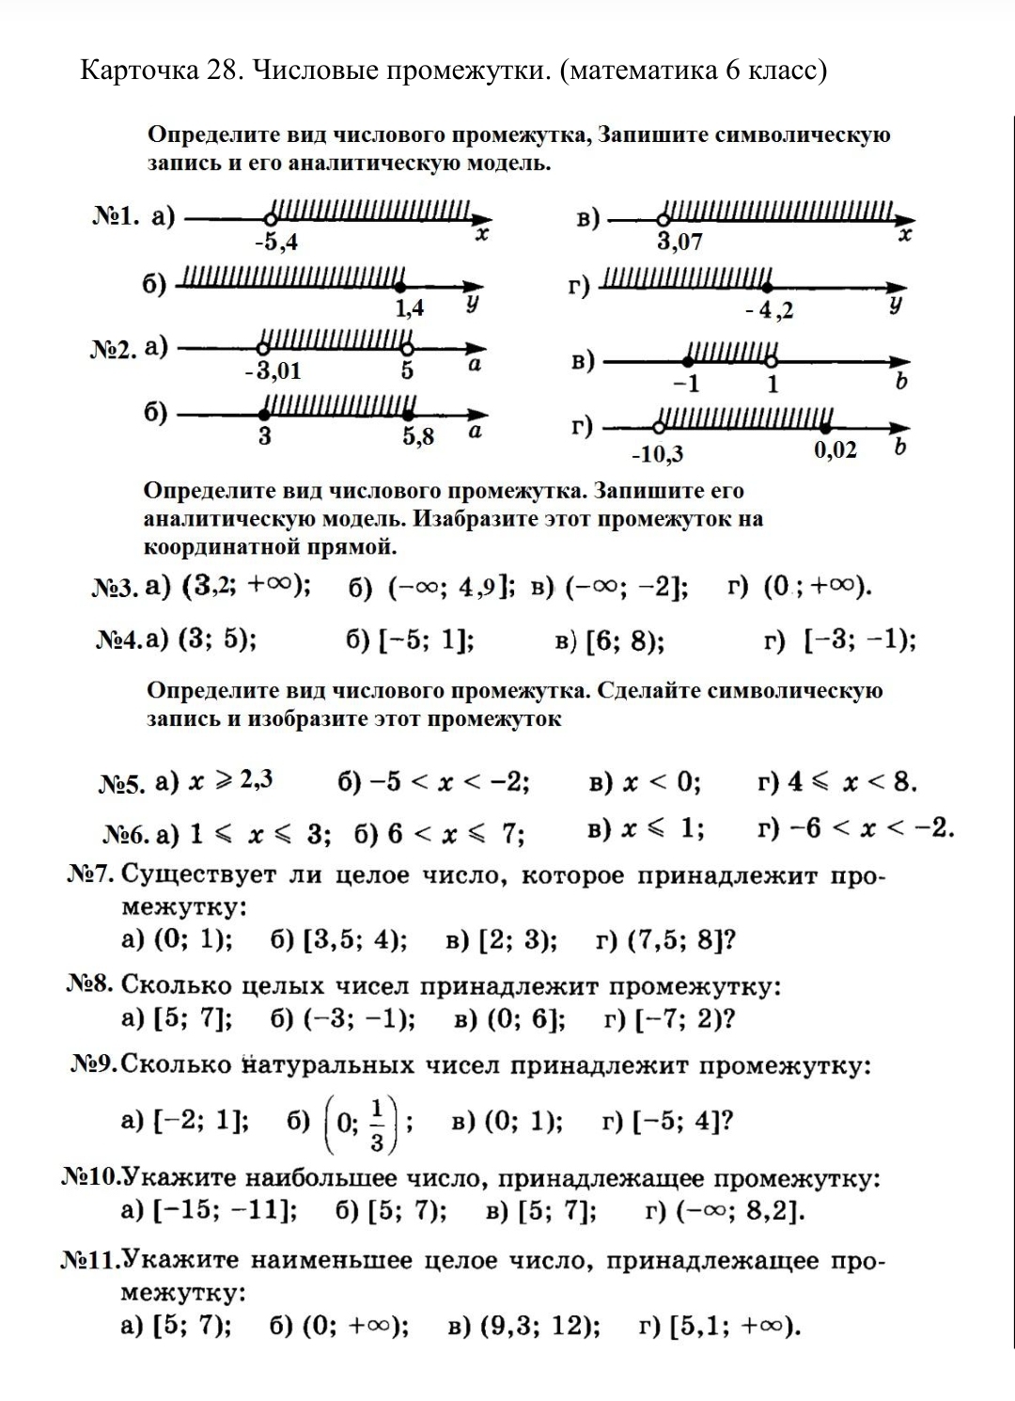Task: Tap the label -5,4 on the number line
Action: click(x=276, y=243)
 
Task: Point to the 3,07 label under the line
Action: click(x=679, y=243)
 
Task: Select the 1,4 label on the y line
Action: click(x=409, y=307)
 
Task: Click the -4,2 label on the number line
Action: click(x=769, y=310)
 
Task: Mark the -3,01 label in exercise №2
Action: click(x=273, y=371)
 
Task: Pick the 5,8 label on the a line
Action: click(x=418, y=436)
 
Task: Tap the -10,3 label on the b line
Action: click(x=657, y=455)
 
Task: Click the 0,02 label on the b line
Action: click(x=835, y=449)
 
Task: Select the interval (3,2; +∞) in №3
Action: click(x=246, y=586)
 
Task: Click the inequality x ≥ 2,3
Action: click(x=231, y=780)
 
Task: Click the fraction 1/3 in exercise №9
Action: click(x=377, y=1124)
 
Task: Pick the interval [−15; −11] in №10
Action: click(x=224, y=1209)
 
